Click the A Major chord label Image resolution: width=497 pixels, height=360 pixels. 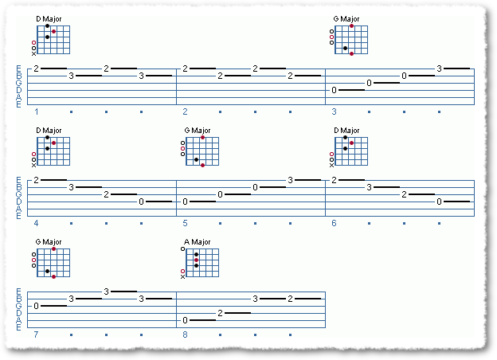[198, 242]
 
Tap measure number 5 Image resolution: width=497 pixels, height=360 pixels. [185, 223]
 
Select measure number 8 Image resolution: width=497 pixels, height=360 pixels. [185, 335]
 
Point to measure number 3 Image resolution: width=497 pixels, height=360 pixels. [334, 112]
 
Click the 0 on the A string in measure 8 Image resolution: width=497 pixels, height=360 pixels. [185, 320]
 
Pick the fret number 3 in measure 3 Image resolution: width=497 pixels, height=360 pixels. [439, 68]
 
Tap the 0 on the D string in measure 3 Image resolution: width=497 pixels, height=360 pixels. [334, 90]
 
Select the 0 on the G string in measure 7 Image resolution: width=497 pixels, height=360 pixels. [36, 306]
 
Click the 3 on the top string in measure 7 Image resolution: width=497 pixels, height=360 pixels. [106, 292]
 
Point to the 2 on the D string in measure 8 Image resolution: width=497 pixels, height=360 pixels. [221, 313]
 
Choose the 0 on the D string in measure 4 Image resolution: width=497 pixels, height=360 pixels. [141, 202]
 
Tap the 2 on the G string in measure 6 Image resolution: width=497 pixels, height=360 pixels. [404, 194]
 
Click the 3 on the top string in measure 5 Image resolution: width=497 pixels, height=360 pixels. [290, 180]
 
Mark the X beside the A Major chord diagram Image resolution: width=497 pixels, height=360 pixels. [182, 276]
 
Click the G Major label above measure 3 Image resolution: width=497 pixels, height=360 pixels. [346, 19]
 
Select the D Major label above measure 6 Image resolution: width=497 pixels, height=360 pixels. [346, 131]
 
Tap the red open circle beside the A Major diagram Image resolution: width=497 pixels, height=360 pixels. [182, 272]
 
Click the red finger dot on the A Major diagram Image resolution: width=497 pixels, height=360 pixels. [196, 260]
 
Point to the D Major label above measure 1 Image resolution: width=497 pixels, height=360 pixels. [49, 19]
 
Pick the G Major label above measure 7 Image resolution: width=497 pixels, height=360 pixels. [49, 242]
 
